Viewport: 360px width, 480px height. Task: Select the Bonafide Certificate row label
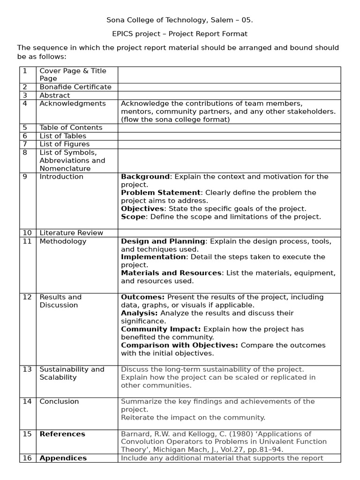point(75,87)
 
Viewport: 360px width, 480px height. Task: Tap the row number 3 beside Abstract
point(24,95)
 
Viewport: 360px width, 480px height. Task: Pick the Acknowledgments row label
point(73,104)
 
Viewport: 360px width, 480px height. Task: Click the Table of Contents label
point(71,127)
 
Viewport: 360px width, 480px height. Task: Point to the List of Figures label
point(65,144)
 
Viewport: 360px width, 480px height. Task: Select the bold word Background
point(145,177)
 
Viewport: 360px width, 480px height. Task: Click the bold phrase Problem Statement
point(161,193)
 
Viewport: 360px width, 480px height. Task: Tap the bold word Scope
point(133,217)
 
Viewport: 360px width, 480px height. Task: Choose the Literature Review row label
point(71,232)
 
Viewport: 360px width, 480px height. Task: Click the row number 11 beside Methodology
point(27,241)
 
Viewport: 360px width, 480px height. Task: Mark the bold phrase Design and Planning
point(163,241)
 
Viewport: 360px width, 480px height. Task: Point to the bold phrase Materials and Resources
point(171,273)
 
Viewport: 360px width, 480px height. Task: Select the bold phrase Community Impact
point(161,329)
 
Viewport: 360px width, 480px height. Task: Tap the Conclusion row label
point(60,401)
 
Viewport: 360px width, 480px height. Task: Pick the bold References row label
point(62,434)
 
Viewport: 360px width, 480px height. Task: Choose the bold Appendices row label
point(63,458)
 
